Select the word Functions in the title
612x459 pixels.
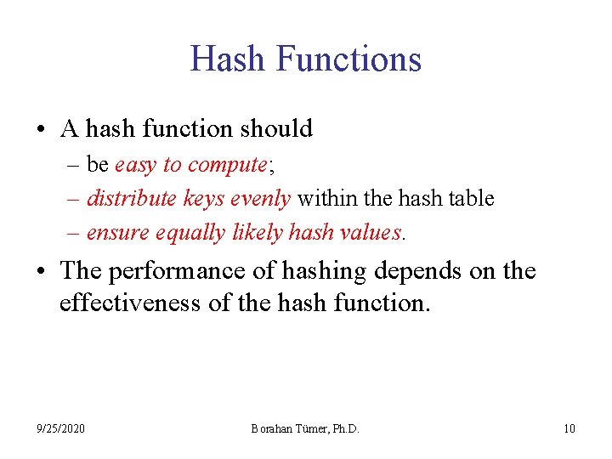[349, 59]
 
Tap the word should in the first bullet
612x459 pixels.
[277, 129]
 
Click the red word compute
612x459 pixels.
[224, 165]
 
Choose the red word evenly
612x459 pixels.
[261, 199]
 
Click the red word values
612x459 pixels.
[367, 232]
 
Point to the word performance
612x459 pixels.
[179, 272]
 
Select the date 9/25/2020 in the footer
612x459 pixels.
[61, 428]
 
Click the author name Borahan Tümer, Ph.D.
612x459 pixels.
[305, 428]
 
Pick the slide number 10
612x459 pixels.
[569, 428]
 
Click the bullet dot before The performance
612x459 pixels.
[42, 272]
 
